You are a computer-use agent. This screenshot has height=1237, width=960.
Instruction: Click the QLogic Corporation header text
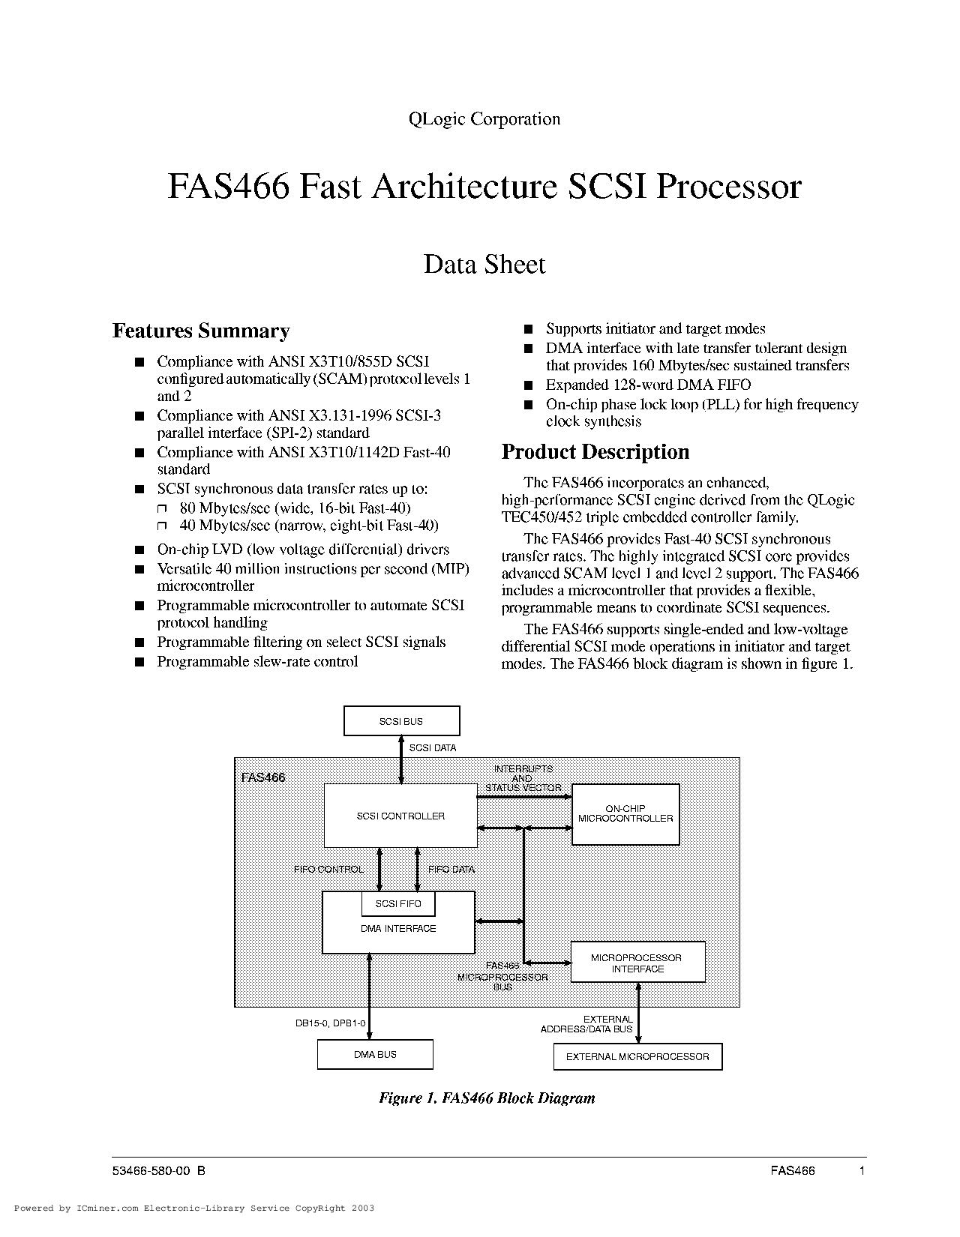(484, 119)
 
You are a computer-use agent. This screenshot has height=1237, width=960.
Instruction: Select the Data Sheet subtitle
(484, 264)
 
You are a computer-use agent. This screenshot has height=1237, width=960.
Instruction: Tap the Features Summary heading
(201, 331)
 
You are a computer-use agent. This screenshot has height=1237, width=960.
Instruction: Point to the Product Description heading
(595, 451)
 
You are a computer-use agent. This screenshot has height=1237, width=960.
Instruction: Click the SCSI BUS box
(401, 720)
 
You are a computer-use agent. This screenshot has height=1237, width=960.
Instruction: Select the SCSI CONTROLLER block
(400, 816)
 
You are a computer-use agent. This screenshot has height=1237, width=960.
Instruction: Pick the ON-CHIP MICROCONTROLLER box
(625, 814)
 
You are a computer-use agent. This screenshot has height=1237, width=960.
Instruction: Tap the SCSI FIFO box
(398, 903)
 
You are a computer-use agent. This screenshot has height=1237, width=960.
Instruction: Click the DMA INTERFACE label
(398, 928)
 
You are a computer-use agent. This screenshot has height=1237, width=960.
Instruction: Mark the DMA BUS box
(375, 1054)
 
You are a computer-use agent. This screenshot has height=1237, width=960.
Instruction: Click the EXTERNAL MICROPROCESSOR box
(637, 1056)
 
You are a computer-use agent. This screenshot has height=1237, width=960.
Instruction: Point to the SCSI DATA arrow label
(433, 748)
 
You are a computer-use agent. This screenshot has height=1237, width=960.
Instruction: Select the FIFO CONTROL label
(328, 869)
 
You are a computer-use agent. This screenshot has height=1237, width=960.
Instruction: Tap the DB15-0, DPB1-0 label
(330, 1023)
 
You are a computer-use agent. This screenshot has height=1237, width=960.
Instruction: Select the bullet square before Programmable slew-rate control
(139, 661)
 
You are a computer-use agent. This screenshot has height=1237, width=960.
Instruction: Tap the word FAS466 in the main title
(228, 186)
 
